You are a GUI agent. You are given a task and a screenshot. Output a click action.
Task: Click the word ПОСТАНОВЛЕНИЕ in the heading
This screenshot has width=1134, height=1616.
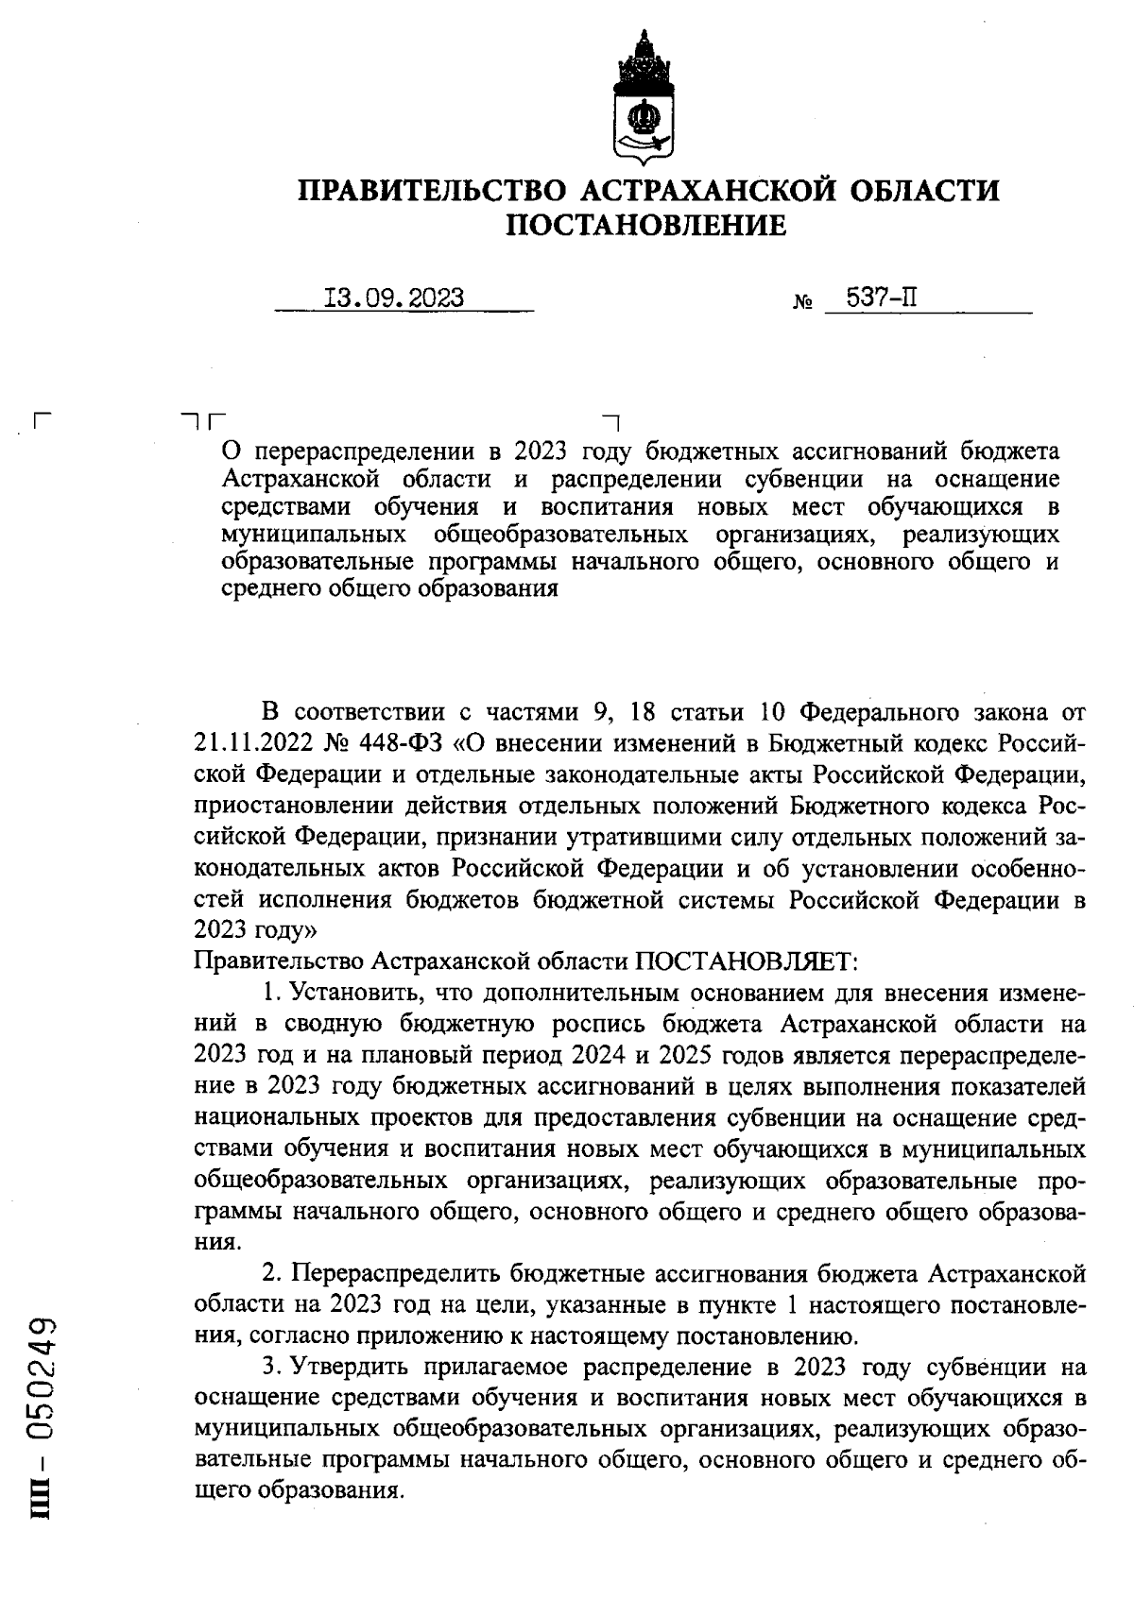tap(647, 226)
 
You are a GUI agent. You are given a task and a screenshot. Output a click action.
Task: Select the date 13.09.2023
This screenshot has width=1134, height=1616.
tap(394, 298)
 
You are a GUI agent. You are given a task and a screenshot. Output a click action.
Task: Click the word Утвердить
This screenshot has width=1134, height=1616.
tap(350, 1367)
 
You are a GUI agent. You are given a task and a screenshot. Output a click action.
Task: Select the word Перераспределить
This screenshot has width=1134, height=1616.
tap(396, 1274)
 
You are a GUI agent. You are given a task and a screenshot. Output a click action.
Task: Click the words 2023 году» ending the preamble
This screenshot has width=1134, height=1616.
tap(254, 930)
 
